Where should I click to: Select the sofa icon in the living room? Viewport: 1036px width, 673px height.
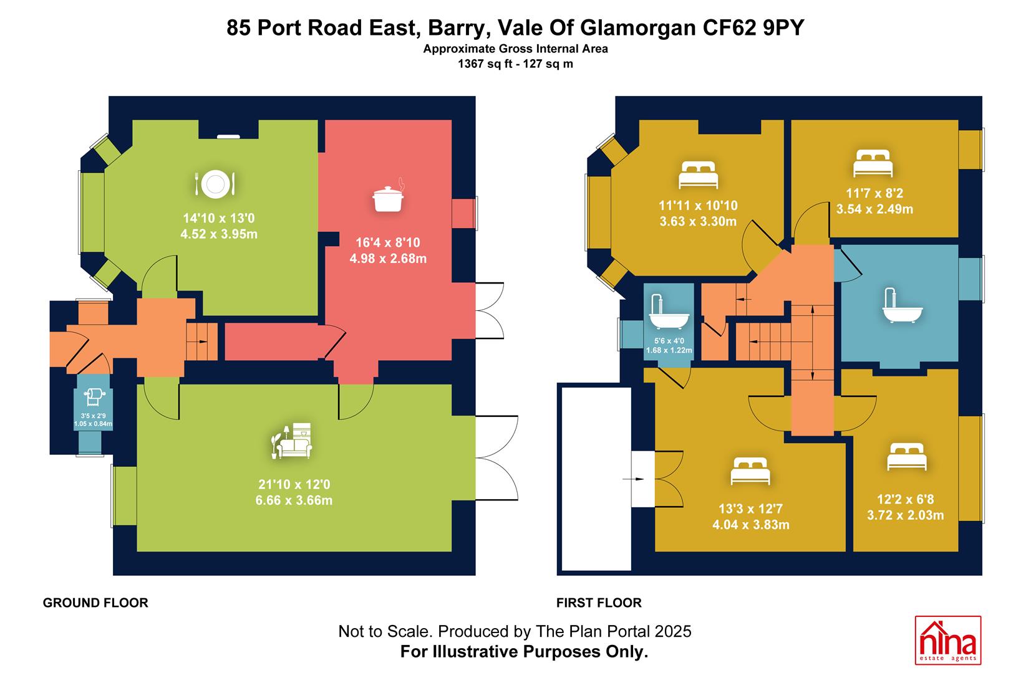[x=291, y=441]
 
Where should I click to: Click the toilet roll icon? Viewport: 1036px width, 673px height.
[x=94, y=396]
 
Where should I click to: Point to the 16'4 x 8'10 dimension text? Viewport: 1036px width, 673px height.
[x=387, y=242]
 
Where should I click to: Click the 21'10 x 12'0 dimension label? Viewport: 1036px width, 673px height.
[x=294, y=484]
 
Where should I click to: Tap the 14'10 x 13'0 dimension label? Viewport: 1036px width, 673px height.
[x=219, y=218]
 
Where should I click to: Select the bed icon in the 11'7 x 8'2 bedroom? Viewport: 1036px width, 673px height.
[x=873, y=163]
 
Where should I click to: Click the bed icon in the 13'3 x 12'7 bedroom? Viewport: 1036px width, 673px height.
[x=750, y=471]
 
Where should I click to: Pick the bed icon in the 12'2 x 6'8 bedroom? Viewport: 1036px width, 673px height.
[x=907, y=457]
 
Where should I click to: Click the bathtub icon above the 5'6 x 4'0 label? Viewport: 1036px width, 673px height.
[x=669, y=312]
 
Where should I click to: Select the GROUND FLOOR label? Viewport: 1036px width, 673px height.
[x=95, y=603]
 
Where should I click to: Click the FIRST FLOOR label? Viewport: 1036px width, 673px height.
[x=599, y=603]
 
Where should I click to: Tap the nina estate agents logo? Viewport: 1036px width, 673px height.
[x=948, y=640]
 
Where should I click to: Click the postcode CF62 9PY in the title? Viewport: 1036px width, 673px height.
[x=753, y=28]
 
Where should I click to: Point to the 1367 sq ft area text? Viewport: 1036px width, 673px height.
[x=485, y=64]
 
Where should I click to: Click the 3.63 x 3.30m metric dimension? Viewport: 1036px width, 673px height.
[x=698, y=221]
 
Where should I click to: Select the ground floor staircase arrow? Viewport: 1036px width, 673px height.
[x=203, y=341]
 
